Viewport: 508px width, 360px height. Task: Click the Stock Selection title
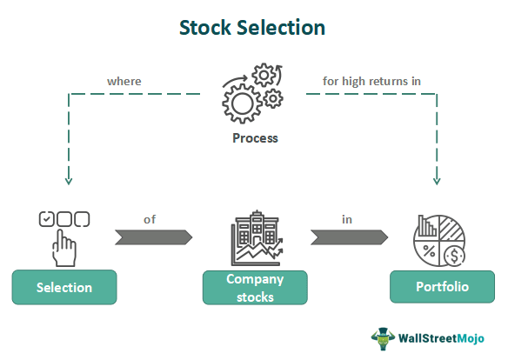252,28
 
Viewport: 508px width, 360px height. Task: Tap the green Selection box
64,287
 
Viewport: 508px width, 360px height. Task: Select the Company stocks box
255,288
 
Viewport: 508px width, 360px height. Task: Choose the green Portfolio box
442,287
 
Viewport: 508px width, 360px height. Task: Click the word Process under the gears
255,138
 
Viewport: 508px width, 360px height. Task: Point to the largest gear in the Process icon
242,104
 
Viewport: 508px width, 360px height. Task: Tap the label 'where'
124,81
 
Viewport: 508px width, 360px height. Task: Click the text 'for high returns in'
371,81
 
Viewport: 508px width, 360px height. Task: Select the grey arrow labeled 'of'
154,237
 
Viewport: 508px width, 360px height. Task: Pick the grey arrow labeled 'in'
350,237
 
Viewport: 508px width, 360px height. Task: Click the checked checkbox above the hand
46,219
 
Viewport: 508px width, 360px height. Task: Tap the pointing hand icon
64,248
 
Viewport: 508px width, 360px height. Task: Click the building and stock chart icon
257,238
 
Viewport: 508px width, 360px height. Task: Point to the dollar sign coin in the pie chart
455,256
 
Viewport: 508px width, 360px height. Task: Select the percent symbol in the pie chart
429,251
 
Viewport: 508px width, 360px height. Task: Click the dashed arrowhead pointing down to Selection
69,181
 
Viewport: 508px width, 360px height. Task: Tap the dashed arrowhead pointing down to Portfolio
437,181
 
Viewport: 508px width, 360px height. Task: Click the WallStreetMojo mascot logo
383,338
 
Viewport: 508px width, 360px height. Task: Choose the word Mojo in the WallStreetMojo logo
471,338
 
